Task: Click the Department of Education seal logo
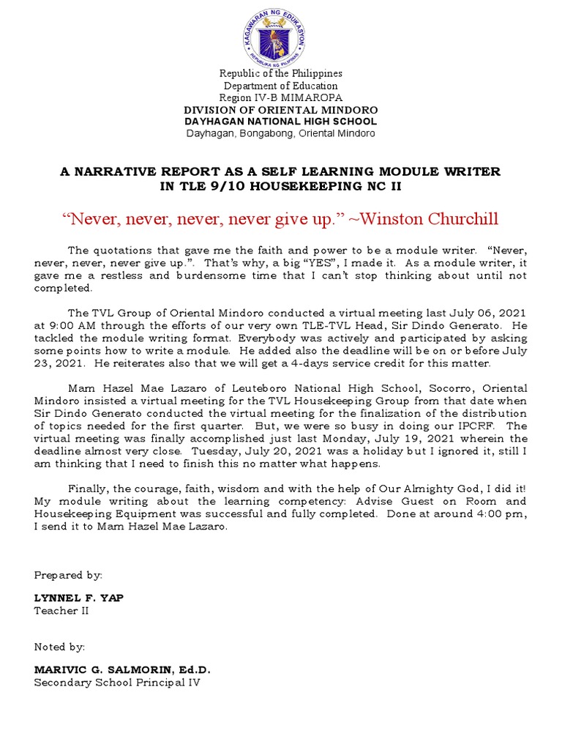click(x=281, y=36)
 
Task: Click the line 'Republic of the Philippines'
click(x=281, y=74)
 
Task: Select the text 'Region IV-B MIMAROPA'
click(x=281, y=98)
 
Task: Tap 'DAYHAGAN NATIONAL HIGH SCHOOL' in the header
click(x=281, y=122)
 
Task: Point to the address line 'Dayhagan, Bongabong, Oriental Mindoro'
click(x=281, y=134)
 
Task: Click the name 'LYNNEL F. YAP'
click(x=79, y=598)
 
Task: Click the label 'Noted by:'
click(x=60, y=647)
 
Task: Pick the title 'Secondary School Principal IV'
click(x=117, y=683)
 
